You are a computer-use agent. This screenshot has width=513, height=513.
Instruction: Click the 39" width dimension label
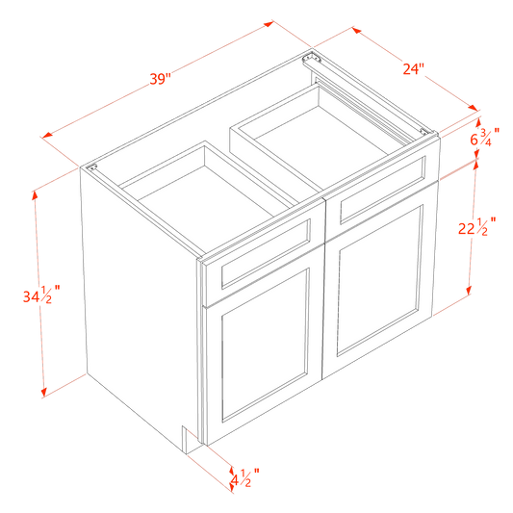coord(161,79)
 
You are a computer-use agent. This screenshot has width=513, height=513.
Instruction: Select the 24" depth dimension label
coord(413,69)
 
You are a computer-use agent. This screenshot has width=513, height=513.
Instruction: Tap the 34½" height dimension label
coord(41,295)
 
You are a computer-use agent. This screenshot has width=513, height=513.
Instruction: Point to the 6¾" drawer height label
coord(485,137)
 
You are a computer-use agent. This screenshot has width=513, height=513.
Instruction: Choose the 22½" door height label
coord(476,226)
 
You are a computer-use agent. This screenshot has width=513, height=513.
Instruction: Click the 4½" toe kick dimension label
coord(244,477)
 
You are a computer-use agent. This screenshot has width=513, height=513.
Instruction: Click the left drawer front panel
coord(266,254)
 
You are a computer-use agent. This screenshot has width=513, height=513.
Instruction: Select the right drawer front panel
coord(383,190)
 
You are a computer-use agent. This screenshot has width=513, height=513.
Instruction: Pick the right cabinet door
coord(379,281)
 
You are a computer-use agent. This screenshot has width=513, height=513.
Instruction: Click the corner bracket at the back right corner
coord(312,58)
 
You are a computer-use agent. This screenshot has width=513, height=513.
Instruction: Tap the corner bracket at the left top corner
coord(91,167)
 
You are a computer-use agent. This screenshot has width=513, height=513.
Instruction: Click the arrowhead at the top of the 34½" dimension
coord(35,195)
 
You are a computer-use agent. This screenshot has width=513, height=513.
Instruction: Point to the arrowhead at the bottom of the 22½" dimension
coord(469,290)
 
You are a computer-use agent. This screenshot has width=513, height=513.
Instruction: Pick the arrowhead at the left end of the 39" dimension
coord(47,135)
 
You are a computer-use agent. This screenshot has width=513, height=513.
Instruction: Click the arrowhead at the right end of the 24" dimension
coord(473,107)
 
